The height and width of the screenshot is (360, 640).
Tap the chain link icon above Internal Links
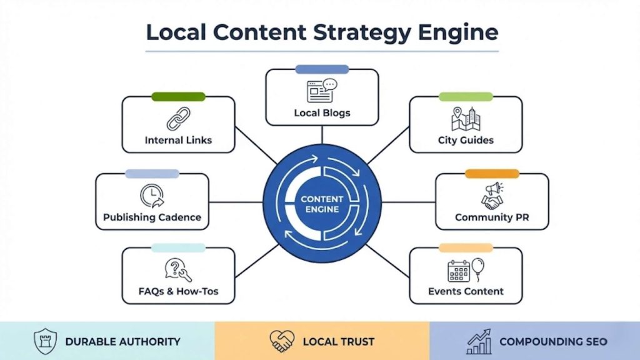(178, 119)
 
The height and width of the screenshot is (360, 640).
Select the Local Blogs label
(322, 113)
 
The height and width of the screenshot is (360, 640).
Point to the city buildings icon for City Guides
(465, 119)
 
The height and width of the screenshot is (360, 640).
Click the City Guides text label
(466, 141)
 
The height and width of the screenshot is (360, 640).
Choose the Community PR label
(492, 217)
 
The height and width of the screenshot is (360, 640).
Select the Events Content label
(466, 291)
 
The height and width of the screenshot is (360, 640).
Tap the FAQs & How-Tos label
(178, 291)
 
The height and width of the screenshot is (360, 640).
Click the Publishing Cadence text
(152, 217)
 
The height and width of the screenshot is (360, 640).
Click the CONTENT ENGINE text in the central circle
(322, 204)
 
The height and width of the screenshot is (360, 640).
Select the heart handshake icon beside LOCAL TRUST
(282, 341)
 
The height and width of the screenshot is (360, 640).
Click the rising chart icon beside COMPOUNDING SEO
(479, 341)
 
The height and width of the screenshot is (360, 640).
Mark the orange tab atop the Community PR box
(492, 174)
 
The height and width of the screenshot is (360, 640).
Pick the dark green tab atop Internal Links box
(178, 97)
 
